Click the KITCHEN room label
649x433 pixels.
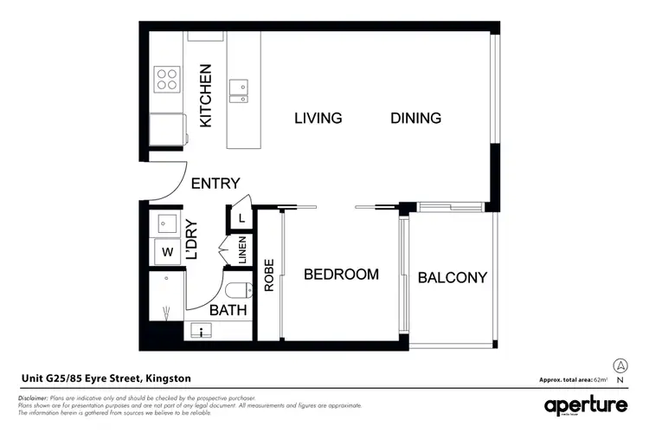pos(206,95)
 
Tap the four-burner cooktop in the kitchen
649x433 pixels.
pos(166,80)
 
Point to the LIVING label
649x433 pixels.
pos(318,118)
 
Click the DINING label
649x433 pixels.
pos(415,118)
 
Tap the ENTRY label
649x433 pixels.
pos(215,184)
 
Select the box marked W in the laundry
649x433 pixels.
pos(166,253)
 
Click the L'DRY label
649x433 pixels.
pos(192,241)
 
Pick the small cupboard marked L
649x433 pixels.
pos(241,218)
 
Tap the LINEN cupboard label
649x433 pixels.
pos(242,251)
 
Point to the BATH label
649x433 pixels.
pos(228,309)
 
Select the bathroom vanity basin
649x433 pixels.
pos(202,330)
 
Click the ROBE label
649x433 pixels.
pos(269,275)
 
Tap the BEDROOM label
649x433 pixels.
pos(341,275)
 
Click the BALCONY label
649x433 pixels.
pos(452,278)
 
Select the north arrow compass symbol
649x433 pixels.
pos(620,366)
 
